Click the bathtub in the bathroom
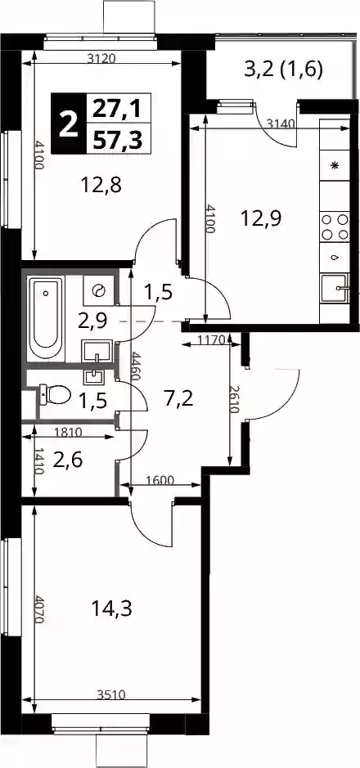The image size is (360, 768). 46,319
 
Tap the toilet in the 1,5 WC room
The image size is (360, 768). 55,393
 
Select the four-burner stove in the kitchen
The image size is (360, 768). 335,227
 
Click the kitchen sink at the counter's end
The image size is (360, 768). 335,290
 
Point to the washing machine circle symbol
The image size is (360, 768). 98,290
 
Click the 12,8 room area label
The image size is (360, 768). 101,185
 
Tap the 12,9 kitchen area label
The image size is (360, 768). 260,218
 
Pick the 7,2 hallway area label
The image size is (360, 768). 178,399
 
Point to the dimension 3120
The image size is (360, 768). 101,59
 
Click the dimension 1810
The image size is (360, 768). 68,432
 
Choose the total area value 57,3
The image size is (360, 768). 118,140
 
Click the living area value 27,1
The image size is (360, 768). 117,109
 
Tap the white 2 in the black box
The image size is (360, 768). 68,124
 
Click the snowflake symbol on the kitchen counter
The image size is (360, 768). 335,165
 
